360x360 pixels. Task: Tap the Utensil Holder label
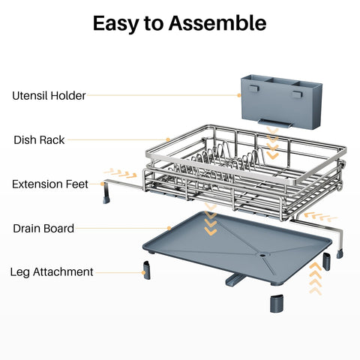pyautogui.click(x=49, y=95)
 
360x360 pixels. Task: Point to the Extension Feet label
pyautogui.click(x=50, y=184)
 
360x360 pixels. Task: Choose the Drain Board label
pyautogui.click(x=43, y=228)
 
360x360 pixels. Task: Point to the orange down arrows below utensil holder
pyautogui.click(x=273, y=142)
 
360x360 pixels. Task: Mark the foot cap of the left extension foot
pyautogui.click(x=106, y=199)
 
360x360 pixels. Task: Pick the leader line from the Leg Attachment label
pyautogui.click(x=119, y=271)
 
